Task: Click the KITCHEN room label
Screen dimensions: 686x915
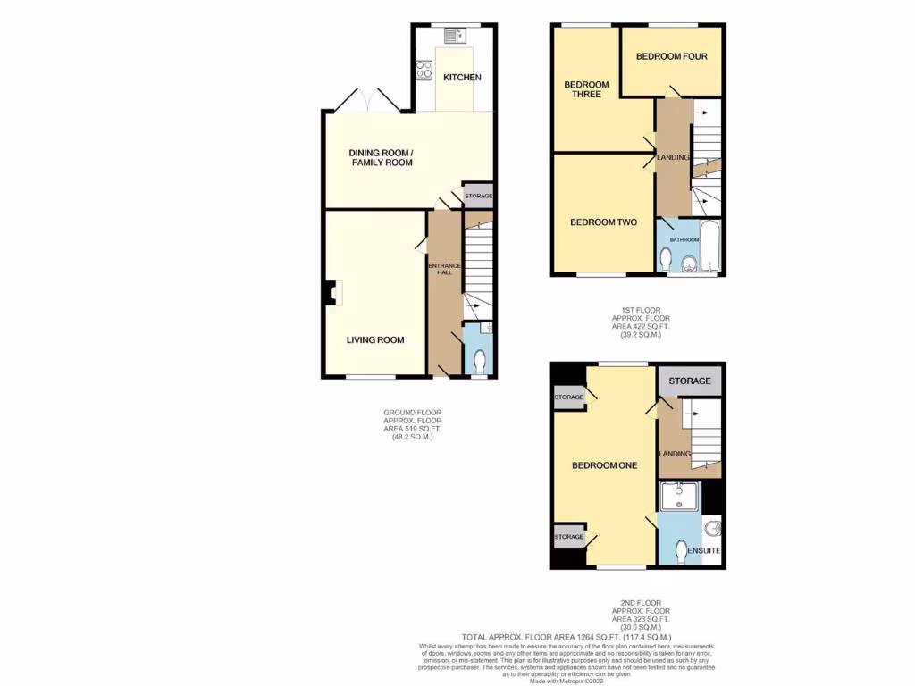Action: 462,78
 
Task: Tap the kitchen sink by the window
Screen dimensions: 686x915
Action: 452,36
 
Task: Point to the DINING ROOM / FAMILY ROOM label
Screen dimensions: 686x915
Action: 381,157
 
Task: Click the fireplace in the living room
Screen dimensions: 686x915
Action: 332,292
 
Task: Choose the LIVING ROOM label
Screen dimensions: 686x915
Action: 375,339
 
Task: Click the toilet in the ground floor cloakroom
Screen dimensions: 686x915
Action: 479,361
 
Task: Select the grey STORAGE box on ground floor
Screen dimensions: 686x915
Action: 478,196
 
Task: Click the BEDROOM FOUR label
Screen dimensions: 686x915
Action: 671,57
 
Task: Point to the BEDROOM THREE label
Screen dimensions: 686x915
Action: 585,90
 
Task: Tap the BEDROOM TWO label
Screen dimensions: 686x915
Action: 603,222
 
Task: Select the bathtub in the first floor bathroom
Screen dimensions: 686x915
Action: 709,247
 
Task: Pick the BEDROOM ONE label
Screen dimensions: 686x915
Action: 604,465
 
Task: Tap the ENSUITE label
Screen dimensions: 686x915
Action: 702,550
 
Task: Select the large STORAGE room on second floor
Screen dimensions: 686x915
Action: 690,381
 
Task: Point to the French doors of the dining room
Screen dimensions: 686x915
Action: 368,100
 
